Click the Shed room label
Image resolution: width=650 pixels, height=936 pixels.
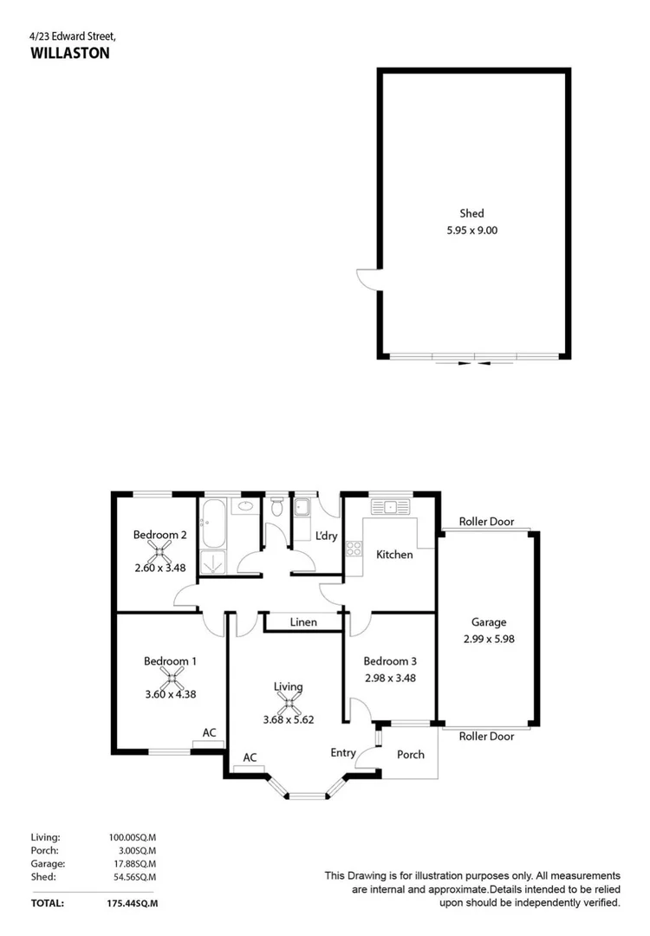point(471,213)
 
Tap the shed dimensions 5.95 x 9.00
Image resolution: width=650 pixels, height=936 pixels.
point(471,231)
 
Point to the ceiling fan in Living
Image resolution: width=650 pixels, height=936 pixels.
point(289,703)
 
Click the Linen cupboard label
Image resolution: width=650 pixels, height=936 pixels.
point(303,622)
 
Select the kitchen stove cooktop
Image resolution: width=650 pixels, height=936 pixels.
point(354,548)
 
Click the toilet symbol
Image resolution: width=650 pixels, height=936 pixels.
point(277,508)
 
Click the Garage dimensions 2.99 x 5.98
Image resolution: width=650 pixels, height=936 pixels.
point(489,640)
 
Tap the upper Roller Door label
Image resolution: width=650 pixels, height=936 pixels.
point(486,523)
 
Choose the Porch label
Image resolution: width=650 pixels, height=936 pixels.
point(411,754)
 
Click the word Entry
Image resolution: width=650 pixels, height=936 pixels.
point(343,753)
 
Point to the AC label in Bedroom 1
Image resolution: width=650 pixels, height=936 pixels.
point(209,733)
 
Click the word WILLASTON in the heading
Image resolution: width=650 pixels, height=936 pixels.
point(59,52)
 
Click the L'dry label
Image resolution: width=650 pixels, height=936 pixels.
point(326,536)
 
